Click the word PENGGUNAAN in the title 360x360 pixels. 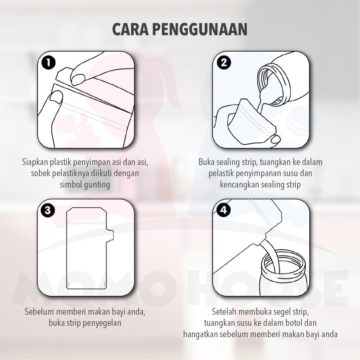(x=200, y=29)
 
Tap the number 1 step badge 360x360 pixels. (x=49, y=63)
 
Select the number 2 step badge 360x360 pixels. (x=224, y=63)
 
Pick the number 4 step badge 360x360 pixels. (x=223, y=210)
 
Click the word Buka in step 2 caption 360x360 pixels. (x=206, y=162)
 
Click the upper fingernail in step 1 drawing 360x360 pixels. (x=78, y=79)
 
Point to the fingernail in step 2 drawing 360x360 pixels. (x=276, y=139)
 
